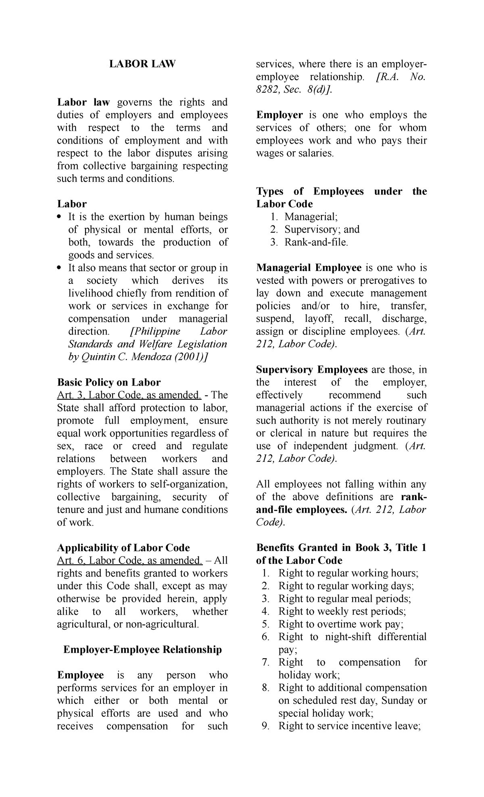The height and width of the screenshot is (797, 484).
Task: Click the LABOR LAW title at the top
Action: (x=142, y=64)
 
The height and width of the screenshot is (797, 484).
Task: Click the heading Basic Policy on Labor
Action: (x=109, y=382)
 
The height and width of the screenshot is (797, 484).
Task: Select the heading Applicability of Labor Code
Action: (x=123, y=548)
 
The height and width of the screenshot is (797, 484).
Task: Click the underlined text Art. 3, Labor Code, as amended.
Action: (x=129, y=395)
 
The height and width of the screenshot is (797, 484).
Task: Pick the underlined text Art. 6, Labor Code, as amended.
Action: (x=129, y=560)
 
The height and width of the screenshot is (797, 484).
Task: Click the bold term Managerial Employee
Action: (x=309, y=268)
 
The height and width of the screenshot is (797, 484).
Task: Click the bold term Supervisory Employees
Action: (x=312, y=369)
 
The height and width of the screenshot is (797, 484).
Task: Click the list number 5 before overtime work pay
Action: (x=265, y=624)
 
